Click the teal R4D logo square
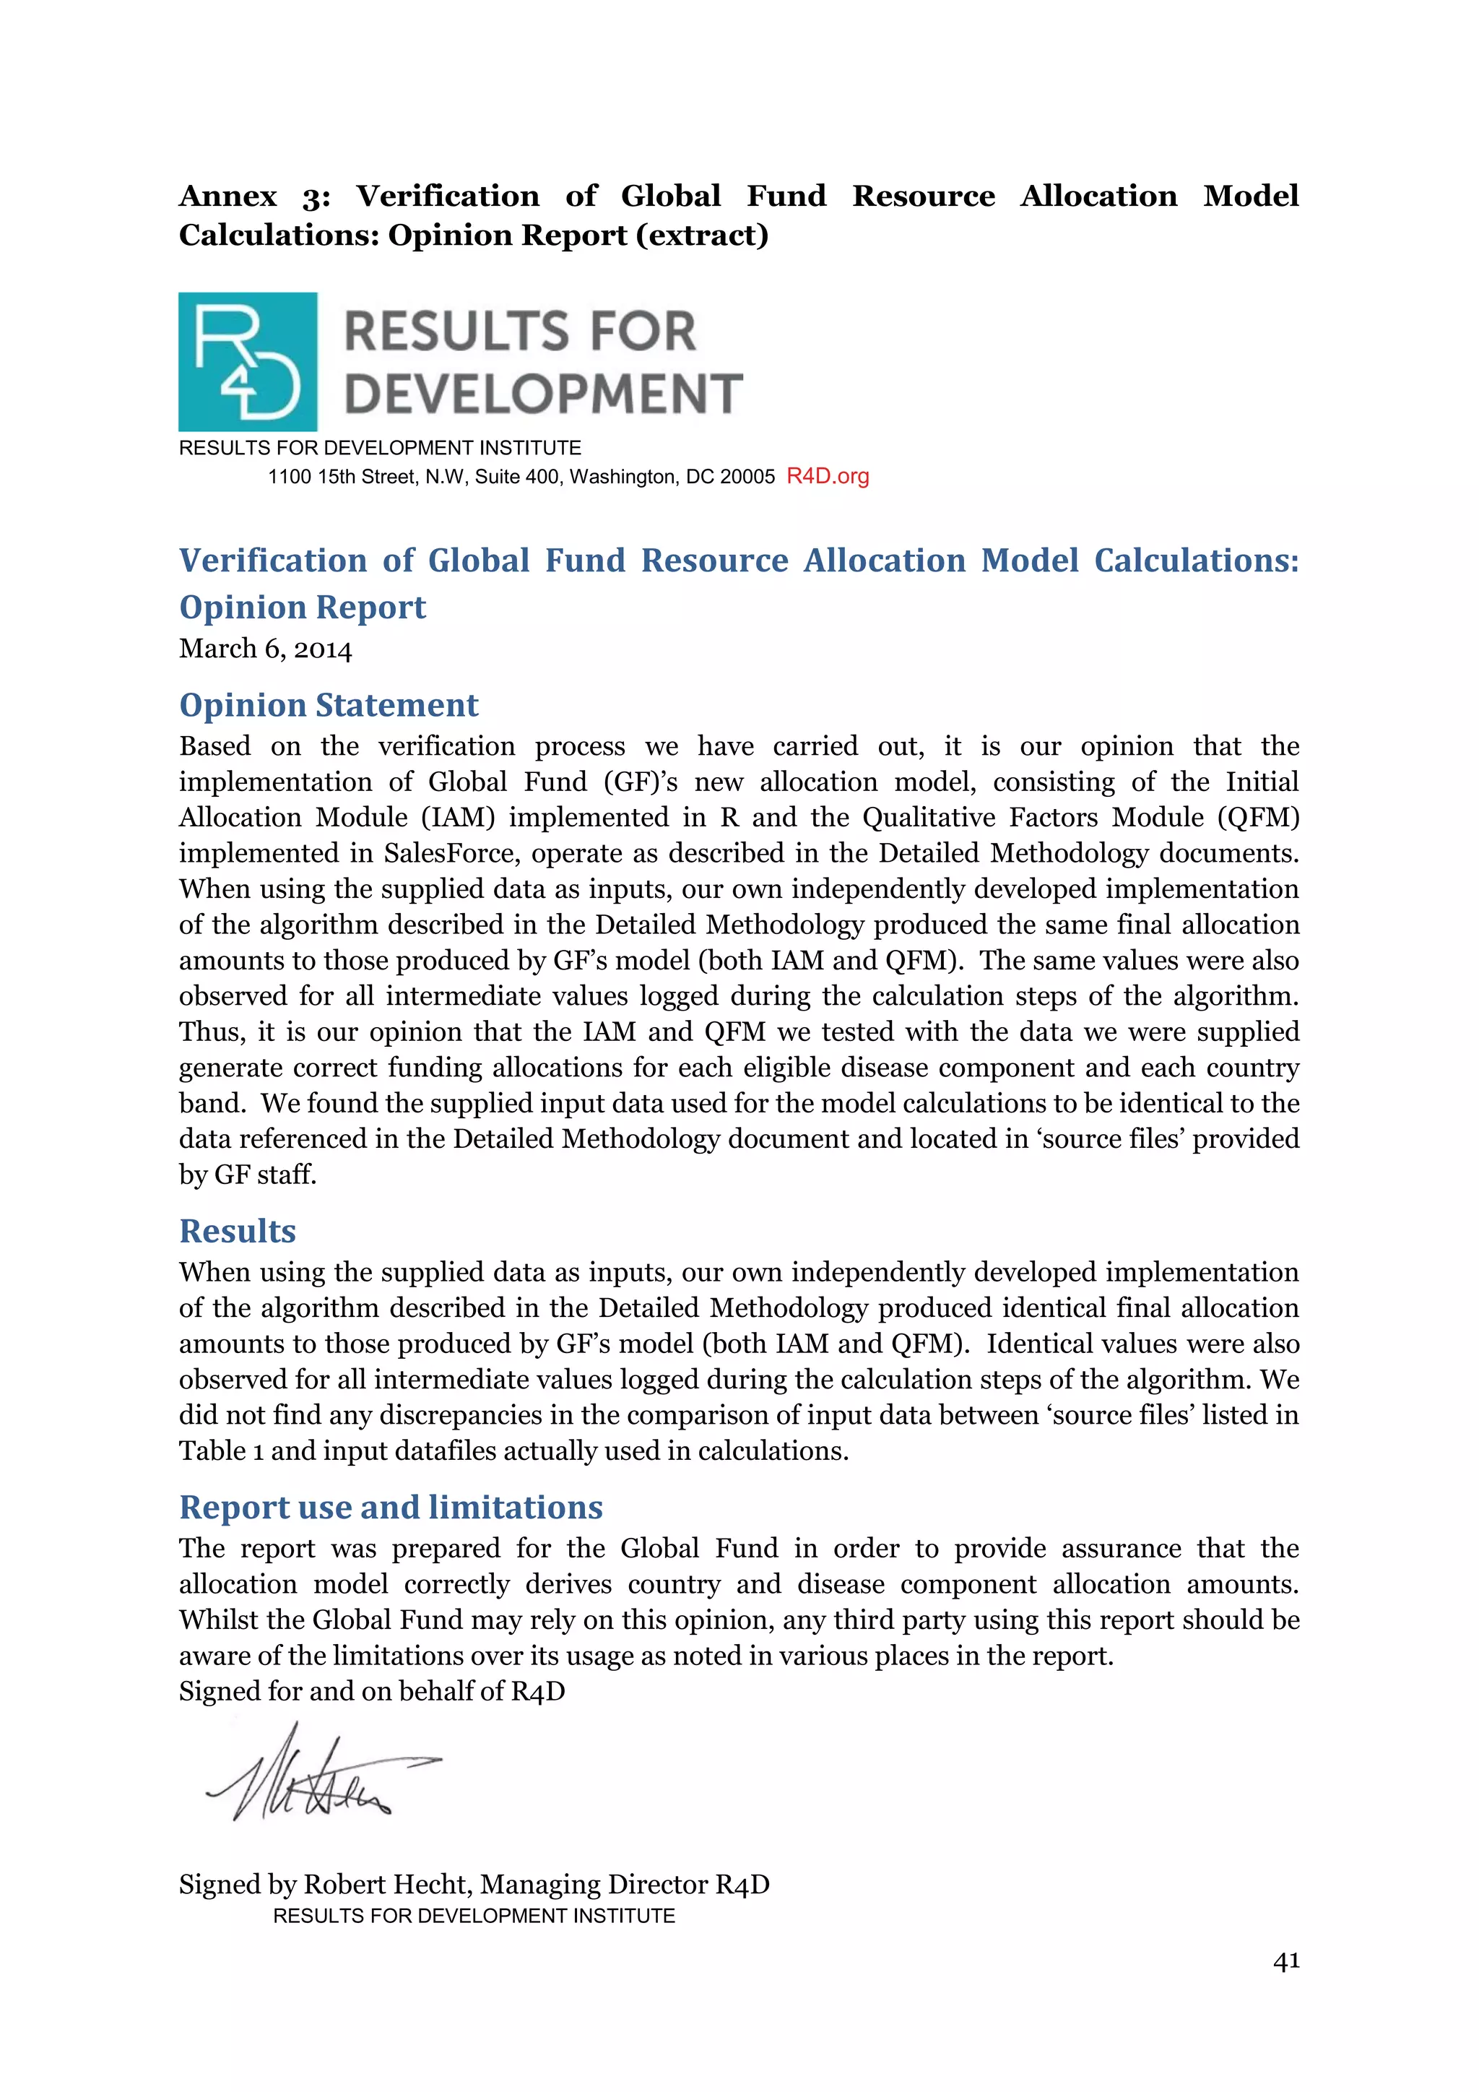coord(248,362)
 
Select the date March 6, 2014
coord(265,649)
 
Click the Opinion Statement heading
coord(328,704)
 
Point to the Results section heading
coord(237,1230)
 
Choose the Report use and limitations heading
coord(391,1506)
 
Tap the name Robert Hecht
coord(386,1883)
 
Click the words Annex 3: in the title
coord(254,196)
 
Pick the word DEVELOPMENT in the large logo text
coord(543,394)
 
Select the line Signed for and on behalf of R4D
coord(372,1691)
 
